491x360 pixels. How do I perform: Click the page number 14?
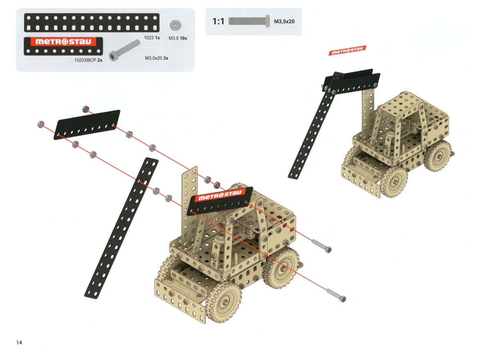pyautogui.click(x=19, y=343)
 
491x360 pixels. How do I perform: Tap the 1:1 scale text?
pyautogui.click(x=218, y=21)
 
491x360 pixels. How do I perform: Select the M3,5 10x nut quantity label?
pyautogui.click(x=178, y=38)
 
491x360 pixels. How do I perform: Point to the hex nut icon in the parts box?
pyautogui.click(x=176, y=25)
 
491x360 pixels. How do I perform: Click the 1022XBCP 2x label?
pyautogui.click(x=88, y=60)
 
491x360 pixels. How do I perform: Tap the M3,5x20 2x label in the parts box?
pyautogui.click(x=156, y=58)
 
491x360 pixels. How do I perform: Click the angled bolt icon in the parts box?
pyautogui.click(x=124, y=50)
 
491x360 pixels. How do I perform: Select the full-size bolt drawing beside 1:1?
pyautogui.click(x=249, y=21)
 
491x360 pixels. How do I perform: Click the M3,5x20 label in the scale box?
pyautogui.click(x=284, y=21)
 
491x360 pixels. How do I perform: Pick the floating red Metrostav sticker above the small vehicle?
pyautogui.click(x=347, y=50)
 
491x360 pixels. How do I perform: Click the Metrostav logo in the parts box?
pyautogui.click(x=63, y=42)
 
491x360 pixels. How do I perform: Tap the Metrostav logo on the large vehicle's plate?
pyautogui.click(x=220, y=195)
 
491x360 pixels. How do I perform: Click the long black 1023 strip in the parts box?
pyautogui.click(x=92, y=23)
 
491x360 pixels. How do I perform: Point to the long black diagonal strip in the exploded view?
pyautogui.click(x=122, y=228)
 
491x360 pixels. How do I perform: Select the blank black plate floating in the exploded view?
pyautogui.click(x=87, y=125)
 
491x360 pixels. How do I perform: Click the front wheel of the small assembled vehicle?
pyautogui.click(x=394, y=182)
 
